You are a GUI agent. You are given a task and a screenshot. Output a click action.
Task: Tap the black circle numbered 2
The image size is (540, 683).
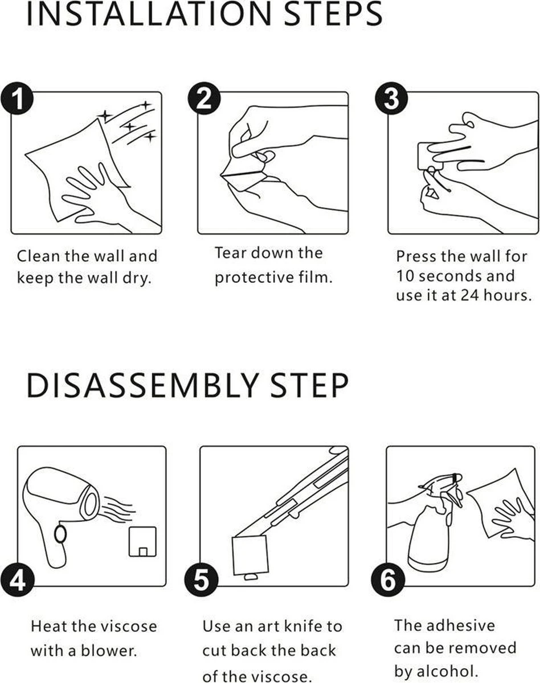point(204,98)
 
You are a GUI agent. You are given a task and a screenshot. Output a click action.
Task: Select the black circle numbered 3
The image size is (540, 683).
point(391,98)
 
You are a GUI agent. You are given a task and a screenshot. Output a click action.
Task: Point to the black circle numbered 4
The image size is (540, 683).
point(18,579)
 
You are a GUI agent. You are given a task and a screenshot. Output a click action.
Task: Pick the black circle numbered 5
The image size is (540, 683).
point(202,579)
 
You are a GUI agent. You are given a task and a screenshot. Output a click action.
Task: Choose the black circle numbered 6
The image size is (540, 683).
point(388,579)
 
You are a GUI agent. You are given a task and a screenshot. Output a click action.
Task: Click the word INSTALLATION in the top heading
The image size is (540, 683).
point(149,14)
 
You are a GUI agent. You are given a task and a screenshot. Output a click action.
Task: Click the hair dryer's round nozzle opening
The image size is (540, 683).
point(90,504)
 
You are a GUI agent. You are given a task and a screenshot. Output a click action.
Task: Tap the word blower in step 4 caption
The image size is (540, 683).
point(109,651)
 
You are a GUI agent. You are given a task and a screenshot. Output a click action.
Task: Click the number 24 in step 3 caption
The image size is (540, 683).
point(470,295)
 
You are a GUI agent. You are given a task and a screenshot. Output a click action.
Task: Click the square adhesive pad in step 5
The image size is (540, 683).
point(250,555)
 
